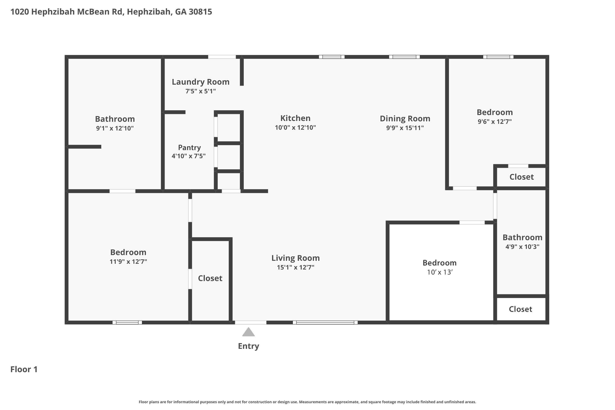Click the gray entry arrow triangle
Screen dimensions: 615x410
coord(248,332)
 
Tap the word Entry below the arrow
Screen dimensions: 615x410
coord(248,346)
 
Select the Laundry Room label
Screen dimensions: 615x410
coord(200,82)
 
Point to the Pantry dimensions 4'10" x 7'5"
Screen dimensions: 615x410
coord(189,156)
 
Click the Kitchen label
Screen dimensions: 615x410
coord(295,118)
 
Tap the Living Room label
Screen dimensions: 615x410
coord(295,258)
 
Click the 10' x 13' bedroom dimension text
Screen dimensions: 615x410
coord(440,272)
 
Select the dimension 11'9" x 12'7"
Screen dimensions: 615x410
coord(128,262)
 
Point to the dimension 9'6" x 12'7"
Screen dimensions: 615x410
coord(494,122)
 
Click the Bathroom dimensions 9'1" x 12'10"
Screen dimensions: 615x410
coord(115,128)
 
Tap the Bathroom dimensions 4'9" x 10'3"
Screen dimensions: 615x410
coord(522,247)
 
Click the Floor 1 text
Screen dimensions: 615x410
coord(24,369)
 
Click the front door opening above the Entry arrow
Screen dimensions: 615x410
coord(251,322)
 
